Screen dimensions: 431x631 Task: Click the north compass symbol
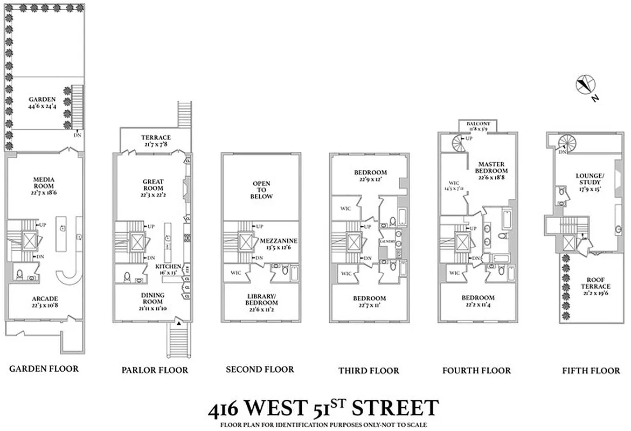pos(585,85)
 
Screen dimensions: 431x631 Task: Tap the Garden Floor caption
pos(44,369)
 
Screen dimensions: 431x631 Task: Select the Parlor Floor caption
pos(155,370)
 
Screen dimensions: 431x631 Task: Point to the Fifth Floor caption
pos(591,370)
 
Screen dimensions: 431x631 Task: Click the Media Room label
pos(43,183)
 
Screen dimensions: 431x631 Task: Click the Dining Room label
pos(152,298)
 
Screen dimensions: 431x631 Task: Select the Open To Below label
pos(262,190)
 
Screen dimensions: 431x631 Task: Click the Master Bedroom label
pos(492,167)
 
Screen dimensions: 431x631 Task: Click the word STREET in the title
pos(395,408)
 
